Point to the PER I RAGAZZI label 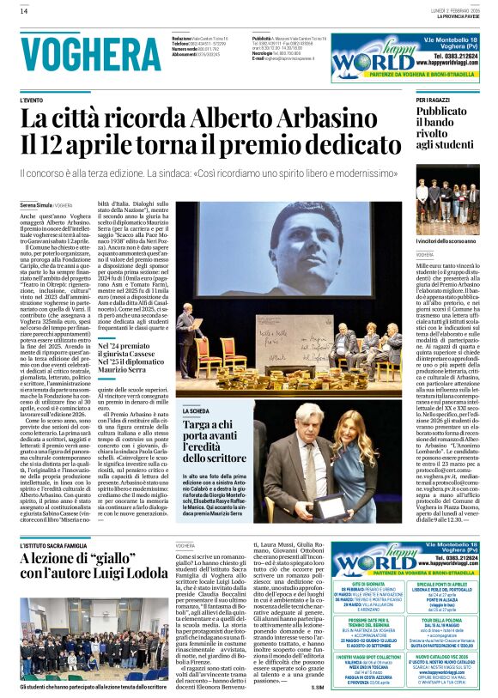coord(434,100)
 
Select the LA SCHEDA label coord(193,412)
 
